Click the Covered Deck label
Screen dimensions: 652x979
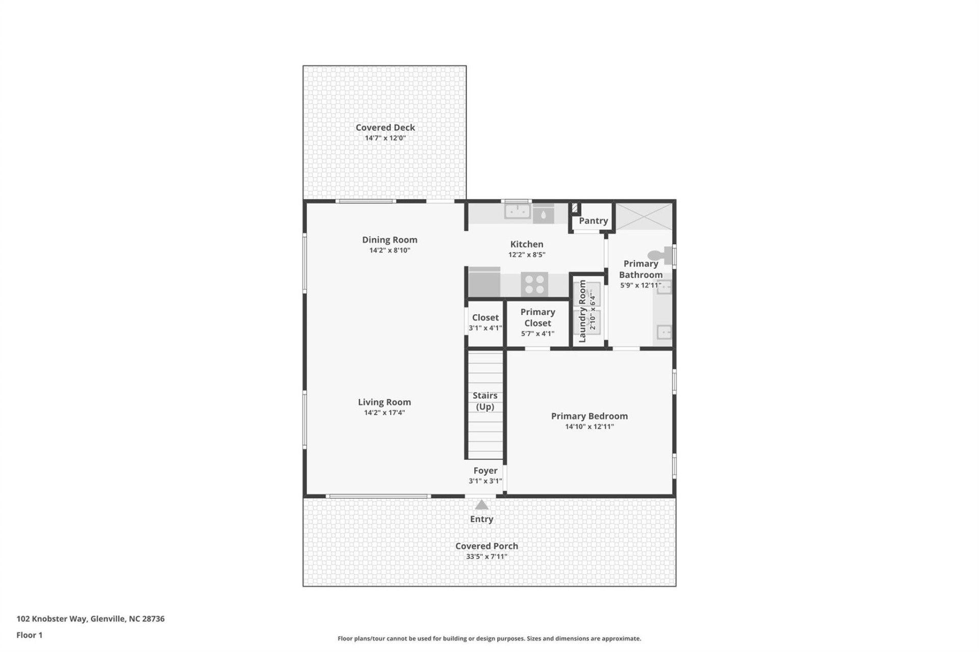[x=385, y=127]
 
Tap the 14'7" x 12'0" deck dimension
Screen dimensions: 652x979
[x=385, y=138]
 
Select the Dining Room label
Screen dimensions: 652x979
[x=390, y=239]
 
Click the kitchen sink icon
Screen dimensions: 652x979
[x=517, y=211]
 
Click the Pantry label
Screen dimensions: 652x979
[x=593, y=221]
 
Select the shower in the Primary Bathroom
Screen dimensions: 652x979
[x=644, y=216]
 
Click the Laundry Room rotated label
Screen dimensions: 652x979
[x=582, y=311]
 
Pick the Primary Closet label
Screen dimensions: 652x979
[x=537, y=317]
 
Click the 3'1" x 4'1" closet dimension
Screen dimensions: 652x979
[x=485, y=328]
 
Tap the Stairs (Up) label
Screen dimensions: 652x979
[x=485, y=401]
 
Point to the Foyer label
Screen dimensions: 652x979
[x=485, y=471]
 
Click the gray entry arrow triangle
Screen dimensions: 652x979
[x=481, y=505]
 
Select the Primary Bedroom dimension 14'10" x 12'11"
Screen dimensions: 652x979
[x=589, y=427]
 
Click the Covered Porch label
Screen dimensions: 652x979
[x=486, y=546]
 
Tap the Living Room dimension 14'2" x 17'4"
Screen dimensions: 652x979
[x=384, y=413]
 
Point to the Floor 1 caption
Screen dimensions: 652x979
[x=30, y=635]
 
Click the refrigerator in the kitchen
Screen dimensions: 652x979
[x=484, y=283]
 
